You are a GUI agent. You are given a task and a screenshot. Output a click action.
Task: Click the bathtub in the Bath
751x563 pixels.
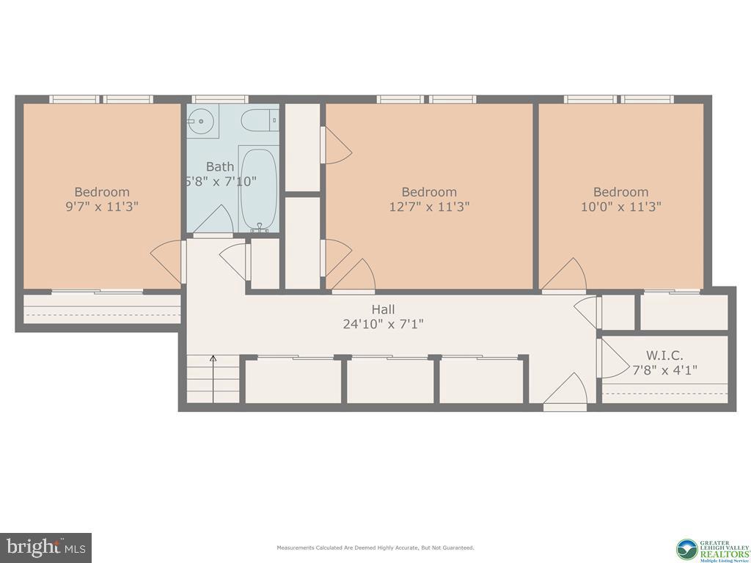[x=258, y=189]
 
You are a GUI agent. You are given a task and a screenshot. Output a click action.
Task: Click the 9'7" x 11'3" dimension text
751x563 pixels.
[x=102, y=207]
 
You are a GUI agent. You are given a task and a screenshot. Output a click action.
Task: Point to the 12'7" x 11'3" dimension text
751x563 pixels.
[x=429, y=207]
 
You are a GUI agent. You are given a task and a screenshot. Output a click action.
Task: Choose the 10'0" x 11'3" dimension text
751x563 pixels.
[x=621, y=207]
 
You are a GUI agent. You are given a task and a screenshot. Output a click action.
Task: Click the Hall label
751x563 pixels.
[x=384, y=310]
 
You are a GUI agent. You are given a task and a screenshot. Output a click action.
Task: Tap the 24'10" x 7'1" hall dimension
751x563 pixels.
[x=384, y=323]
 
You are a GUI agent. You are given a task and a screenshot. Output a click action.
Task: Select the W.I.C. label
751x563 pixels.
[x=664, y=356]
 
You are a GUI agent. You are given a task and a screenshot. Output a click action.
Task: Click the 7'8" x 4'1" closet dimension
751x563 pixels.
[x=664, y=370]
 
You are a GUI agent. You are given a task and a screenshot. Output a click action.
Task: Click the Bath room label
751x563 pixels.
[x=220, y=166]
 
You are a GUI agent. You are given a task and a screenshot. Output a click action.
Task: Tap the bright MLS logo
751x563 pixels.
[x=45, y=547]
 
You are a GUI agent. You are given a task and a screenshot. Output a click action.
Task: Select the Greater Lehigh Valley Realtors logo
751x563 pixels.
[x=712, y=548]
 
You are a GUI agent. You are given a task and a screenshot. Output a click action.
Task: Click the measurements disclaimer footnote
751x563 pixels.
[x=375, y=548]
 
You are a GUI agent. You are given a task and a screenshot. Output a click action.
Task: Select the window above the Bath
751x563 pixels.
[x=220, y=99]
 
